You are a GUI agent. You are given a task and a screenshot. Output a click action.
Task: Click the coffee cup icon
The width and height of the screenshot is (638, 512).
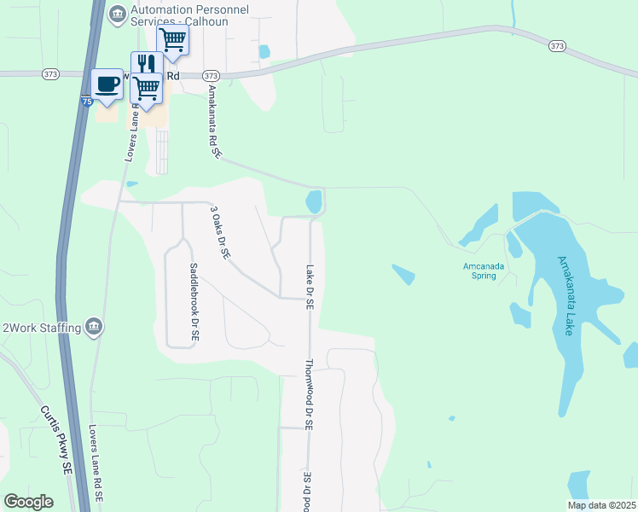click(x=107, y=84)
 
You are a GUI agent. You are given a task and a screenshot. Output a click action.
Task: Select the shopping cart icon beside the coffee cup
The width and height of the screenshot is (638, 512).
click(x=147, y=88)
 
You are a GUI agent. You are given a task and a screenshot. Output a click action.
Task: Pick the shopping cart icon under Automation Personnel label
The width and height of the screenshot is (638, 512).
click(x=173, y=39)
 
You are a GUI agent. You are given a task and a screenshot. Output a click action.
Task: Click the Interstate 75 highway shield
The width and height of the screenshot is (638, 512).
click(x=87, y=102)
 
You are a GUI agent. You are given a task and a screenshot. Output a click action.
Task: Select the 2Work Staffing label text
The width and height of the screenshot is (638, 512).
click(x=42, y=327)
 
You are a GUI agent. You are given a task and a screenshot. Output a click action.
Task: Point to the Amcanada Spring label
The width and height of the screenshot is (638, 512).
click(x=484, y=271)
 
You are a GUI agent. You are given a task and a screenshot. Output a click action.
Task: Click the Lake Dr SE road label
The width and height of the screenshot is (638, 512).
click(x=310, y=286)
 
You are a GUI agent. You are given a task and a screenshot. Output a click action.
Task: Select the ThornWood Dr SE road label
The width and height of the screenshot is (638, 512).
click(x=309, y=394)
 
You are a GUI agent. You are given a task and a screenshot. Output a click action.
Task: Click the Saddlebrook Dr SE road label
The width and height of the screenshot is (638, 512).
click(x=193, y=301)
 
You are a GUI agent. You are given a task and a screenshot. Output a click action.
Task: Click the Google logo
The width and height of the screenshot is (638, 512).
click(x=28, y=502)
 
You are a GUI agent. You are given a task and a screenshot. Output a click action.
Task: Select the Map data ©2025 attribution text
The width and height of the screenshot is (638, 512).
click(x=600, y=505)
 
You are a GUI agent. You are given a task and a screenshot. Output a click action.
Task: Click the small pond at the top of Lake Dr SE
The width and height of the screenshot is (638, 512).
click(x=314, y=202)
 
